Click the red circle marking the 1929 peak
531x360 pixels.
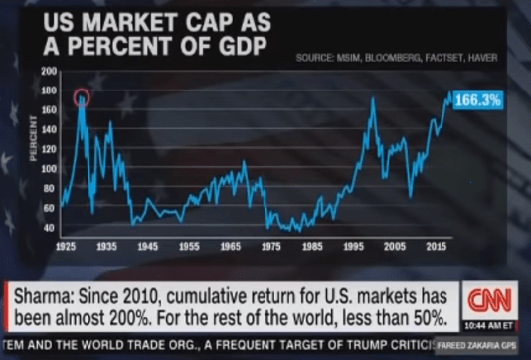82,96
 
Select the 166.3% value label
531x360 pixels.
478,100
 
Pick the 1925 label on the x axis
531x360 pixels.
68,244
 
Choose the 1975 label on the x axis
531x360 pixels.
270,244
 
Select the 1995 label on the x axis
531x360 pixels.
354,244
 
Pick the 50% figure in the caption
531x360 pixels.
423,320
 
